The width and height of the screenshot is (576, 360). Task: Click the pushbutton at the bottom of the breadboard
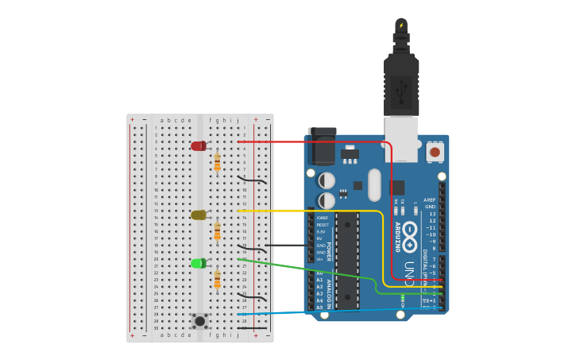tap(200, 320)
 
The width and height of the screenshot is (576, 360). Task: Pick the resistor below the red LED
tap(217, 162)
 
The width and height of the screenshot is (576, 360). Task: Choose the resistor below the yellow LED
tap(217, 231)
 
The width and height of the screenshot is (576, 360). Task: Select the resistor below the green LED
tap(217, 280)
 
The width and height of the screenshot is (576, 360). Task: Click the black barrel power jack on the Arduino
tap(322, 146)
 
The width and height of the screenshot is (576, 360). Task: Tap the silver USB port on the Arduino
tap(401, 139)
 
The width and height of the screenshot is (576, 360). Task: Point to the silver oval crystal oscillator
tap(374, 184)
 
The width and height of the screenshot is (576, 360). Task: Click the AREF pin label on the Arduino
tap(429, 200)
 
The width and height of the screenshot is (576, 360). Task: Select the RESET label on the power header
tap(322, 225)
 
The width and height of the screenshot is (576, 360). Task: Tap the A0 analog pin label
tap(319, 273)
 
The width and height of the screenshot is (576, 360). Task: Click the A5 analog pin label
tap(319, 307)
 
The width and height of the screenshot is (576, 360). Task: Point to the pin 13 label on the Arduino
tap(432, 214)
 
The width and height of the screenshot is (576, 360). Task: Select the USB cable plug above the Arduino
tap(401, 79)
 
